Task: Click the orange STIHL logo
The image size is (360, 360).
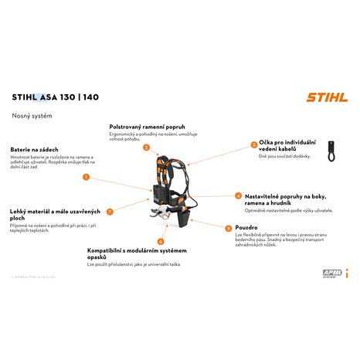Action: [x=324, y=97]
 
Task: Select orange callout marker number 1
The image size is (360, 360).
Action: [x=86, y=177]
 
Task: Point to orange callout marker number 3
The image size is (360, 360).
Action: [x=253, y=144]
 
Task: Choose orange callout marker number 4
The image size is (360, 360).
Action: [x=238, y=196]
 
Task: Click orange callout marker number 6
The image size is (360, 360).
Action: [x=161, y=241]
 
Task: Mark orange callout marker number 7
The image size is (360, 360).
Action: [x=110, y=211]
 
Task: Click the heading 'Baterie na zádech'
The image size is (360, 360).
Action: [x=34, y=148]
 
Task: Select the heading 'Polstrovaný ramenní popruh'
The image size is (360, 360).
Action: [x=148, y=125]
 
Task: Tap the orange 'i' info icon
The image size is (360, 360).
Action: [x=347, y=272]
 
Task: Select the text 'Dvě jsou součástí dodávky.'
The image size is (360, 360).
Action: [x=285, y=155]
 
